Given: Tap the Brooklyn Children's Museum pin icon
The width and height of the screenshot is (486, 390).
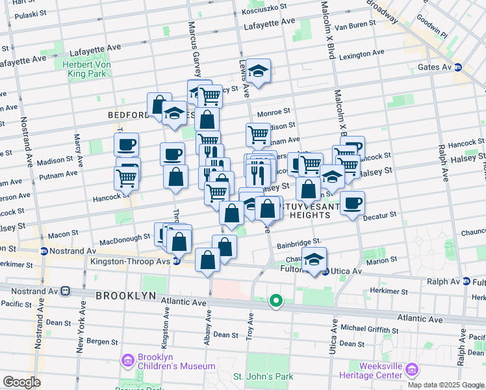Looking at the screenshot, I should pos(127,359).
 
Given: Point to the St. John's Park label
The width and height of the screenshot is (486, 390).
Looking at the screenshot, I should pos(262,377).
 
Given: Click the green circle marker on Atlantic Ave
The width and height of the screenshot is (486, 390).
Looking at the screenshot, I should pos(276,300).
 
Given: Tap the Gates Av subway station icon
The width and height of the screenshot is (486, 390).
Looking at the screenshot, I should pos(457,67).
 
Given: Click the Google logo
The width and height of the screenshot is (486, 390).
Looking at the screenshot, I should pos(21,382).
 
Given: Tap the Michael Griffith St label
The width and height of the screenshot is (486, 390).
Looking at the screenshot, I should pos(366,328).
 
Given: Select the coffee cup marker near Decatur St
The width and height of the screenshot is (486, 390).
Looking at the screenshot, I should pos(353,203).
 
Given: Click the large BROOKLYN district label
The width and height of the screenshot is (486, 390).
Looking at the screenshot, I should pos(126,295).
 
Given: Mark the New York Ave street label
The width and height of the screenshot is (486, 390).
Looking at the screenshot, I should pos(81,333).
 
